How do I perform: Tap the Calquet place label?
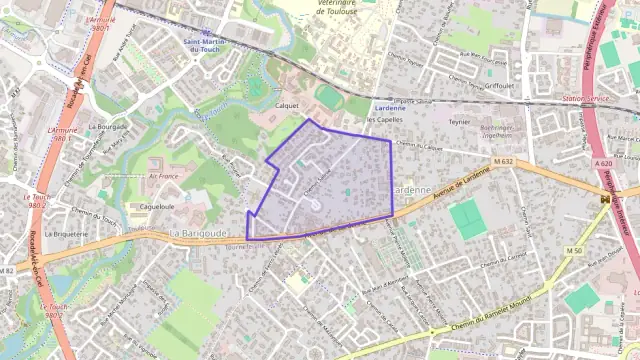(287, 104)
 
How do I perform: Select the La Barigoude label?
(201, 232)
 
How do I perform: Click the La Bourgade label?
(107, 127)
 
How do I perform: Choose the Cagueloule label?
(157, 207)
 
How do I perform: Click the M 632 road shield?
(503, 160)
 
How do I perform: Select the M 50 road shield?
(573, 250)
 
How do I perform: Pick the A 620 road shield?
(602, 162)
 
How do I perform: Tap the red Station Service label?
(585, 99)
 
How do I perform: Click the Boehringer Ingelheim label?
(496, 131)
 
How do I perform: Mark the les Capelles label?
(384, 119)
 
